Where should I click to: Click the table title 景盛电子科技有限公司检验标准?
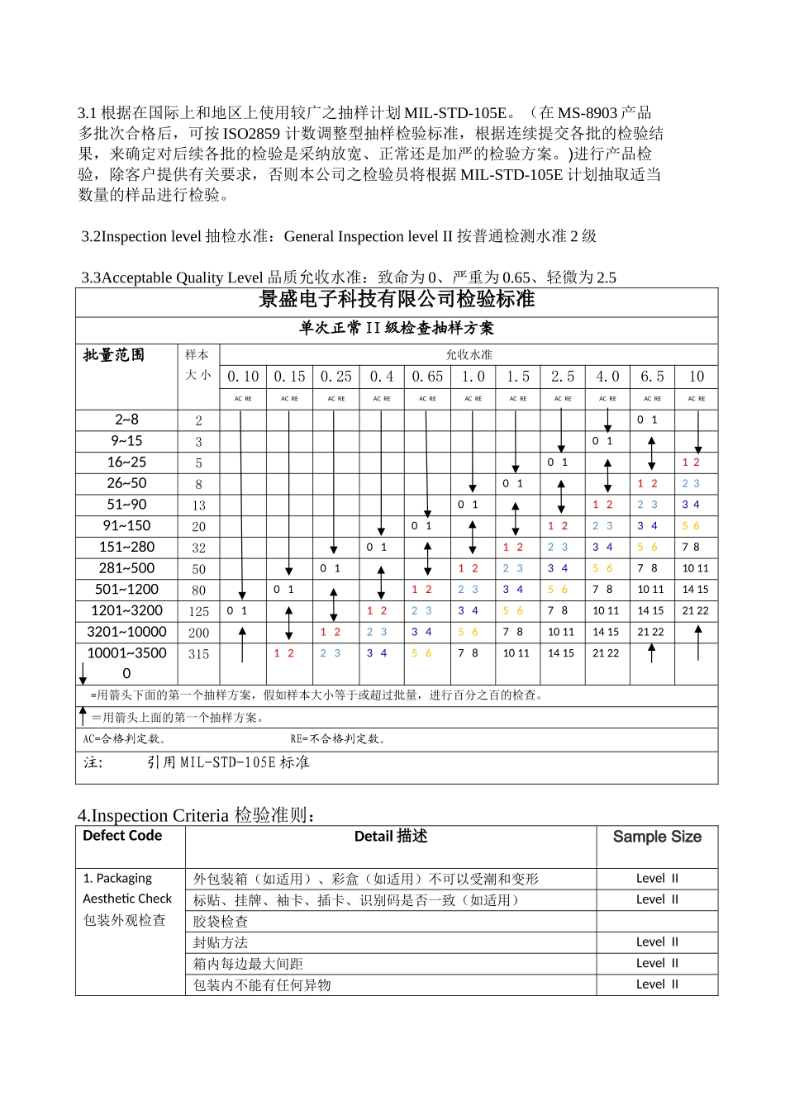(397, 299)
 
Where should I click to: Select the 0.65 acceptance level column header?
(427, 377)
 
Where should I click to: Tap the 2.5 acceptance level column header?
(563, 377)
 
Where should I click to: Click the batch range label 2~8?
(126, 420)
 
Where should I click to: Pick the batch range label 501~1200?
(126, 590)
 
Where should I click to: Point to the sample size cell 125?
(198, 612)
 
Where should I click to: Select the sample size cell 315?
(198, 654)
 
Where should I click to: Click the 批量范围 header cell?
(114, 355)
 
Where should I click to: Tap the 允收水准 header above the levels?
(469, 355)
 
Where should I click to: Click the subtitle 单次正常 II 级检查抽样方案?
(397, 328)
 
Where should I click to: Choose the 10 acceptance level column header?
(697, 377)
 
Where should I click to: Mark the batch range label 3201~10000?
(126, 632)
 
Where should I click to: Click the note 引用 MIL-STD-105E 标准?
(228, 762)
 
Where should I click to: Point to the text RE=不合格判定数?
(339, 739)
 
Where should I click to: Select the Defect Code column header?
(122, 836)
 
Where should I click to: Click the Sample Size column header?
(657, 837)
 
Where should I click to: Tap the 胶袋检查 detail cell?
(221, 922)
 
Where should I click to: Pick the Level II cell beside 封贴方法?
(657, 942)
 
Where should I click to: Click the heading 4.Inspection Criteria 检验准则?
(197, 815)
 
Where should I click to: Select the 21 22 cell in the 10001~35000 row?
(606, 653)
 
